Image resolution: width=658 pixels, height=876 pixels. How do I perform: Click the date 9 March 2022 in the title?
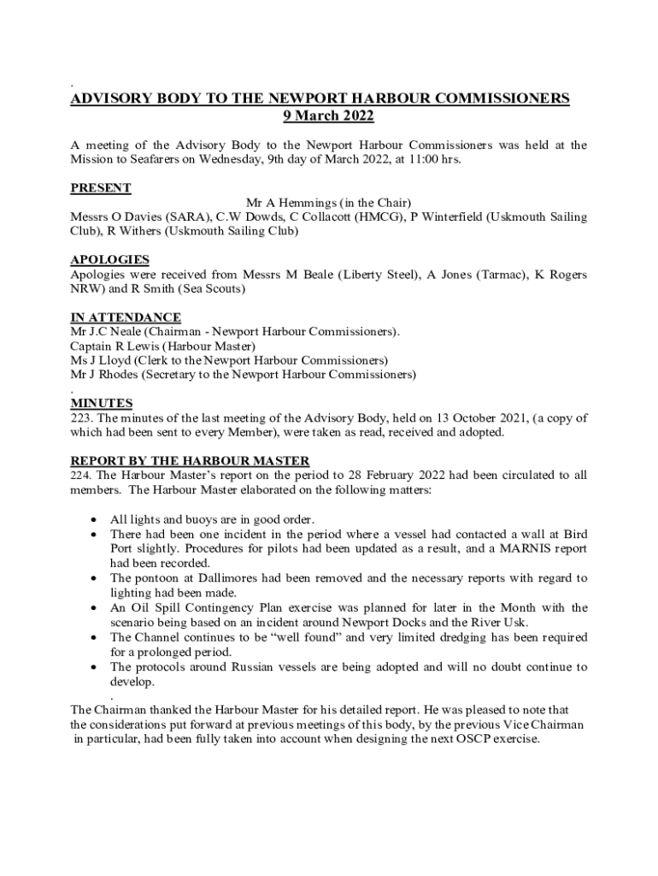pos(328,116)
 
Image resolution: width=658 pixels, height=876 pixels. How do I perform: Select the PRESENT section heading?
pos(100,188)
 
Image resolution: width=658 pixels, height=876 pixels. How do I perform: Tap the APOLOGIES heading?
pos(109,259)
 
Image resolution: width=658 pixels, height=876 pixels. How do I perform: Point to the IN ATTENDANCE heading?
pos(125,317)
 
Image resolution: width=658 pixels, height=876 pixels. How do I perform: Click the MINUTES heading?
pos(101,403)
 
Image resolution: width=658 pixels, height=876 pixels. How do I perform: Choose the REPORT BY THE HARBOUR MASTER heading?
pos(190,461)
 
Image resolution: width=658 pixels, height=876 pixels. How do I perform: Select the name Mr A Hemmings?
pos(291,203)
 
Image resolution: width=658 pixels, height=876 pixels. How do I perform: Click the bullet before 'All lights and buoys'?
pos(93,520)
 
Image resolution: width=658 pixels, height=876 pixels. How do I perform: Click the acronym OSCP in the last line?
pos(473,740)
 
